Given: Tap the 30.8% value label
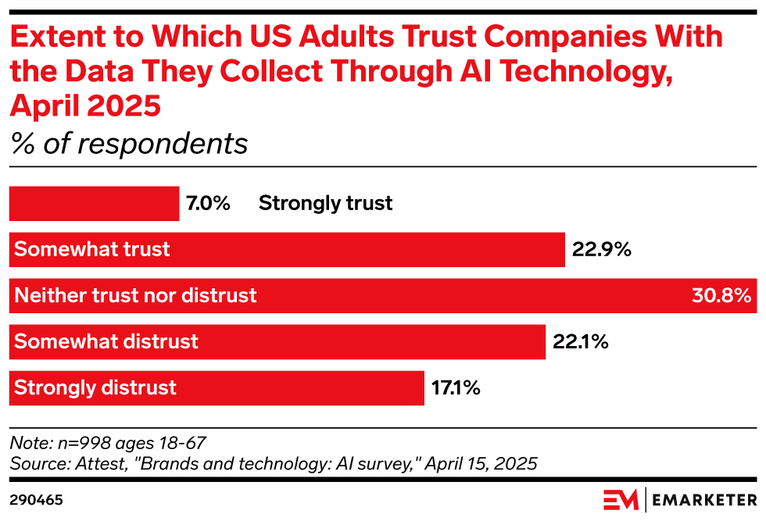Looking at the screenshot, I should [x=721, y=296].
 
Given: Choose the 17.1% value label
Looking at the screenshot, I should [x=456, y=388].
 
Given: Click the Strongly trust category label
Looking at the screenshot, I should [x=325, y=204].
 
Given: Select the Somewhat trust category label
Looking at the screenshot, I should [x=92, y=250].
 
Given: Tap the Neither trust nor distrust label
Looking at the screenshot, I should [x=135, y=296].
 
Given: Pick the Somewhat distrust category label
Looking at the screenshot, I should [x=106, y=342].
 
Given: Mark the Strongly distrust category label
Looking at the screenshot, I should [x=95, y=388].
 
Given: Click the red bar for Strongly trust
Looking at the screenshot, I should [x=94, y=204].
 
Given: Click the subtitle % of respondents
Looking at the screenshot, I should [x=128, y=144].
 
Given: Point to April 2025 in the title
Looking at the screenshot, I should [x=85, y=105].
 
